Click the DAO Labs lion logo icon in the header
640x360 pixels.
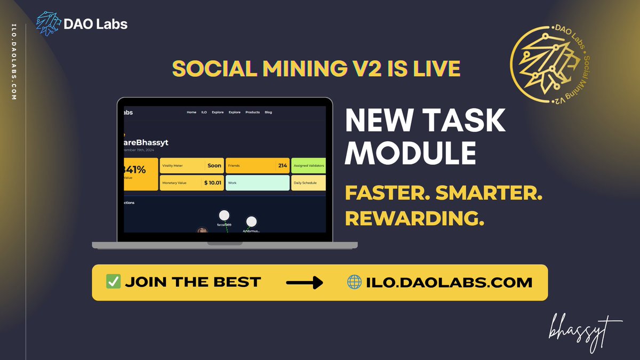click(49, 24)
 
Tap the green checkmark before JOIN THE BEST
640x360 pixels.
click(113, 282)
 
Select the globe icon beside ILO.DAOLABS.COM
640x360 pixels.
click(354, 282)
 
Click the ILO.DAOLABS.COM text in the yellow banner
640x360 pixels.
click(449, 282)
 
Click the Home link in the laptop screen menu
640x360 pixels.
click(191, 113)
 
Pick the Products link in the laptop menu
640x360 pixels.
click(252, 113)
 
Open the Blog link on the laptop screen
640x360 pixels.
click(268, 113)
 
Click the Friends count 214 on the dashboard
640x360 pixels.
click(282, 166)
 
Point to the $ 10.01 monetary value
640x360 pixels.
click(212, 183)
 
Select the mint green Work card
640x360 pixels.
click(257, 183)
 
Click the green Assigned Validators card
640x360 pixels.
click(309, 166)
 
